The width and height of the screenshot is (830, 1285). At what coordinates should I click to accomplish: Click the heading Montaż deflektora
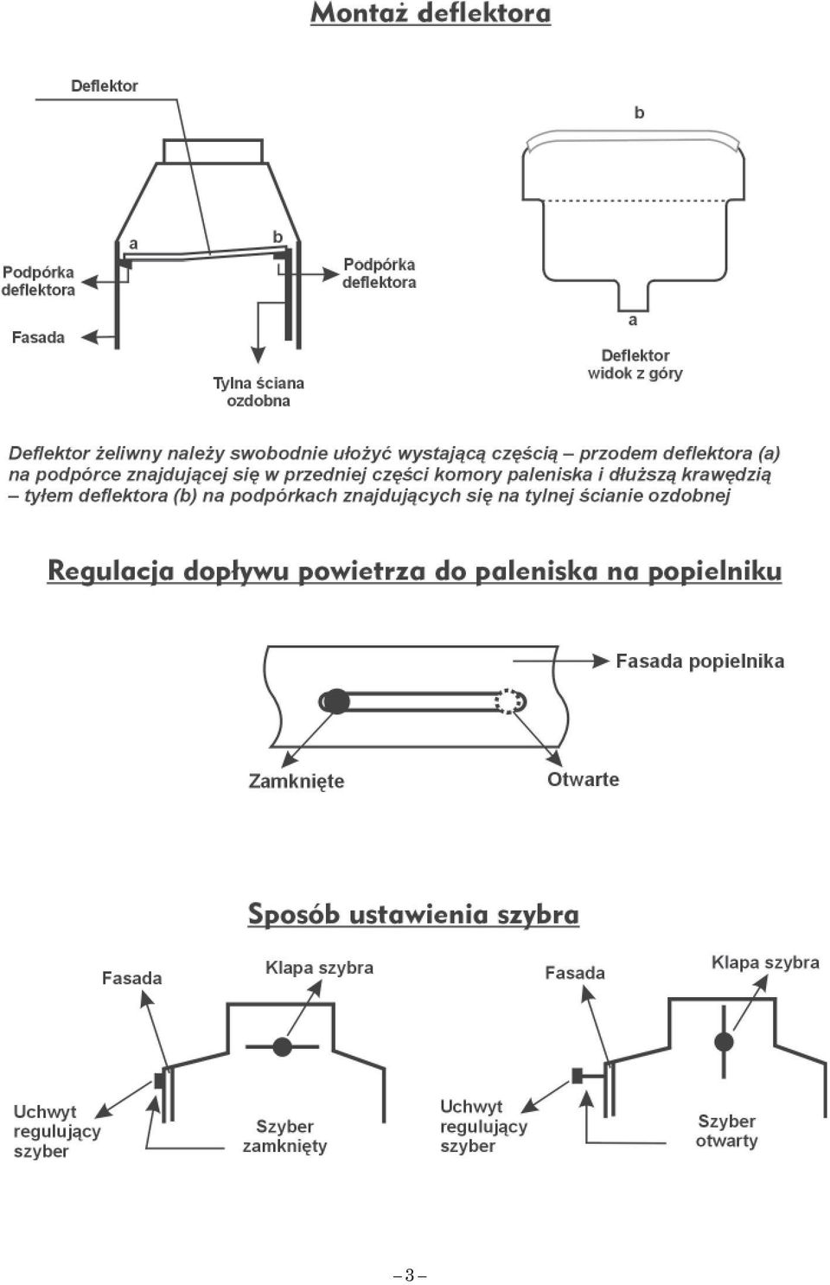click(x=431, y=14)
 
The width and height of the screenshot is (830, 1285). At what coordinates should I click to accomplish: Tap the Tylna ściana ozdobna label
click(x=259, y=392)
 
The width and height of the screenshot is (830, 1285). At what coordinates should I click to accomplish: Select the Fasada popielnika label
click(x=699, y=661)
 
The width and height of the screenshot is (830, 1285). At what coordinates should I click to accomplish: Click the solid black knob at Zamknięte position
click(x=336, y=701)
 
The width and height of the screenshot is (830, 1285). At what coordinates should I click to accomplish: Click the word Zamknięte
click(x=296, y=781)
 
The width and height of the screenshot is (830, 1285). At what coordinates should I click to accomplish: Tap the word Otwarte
click(x=583, y=779)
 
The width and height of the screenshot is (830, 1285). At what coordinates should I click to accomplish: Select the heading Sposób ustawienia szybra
click(x=413, y=914)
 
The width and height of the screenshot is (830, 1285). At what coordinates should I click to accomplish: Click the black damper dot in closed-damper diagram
click(x=282, y=1046)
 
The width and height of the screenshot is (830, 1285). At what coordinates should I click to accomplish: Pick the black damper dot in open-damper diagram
click(x=724, y=1041)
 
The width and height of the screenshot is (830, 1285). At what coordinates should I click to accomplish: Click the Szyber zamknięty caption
click(x=284, y=1136)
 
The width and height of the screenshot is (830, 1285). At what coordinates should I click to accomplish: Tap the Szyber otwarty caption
click(x=727, y=1131)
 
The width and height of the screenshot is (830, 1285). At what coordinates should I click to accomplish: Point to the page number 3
click(x=410, y=1275)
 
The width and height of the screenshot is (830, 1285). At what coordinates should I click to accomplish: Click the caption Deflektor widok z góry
click(x=635, y=364)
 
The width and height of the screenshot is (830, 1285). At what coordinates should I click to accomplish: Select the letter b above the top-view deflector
click(x=639, y=112)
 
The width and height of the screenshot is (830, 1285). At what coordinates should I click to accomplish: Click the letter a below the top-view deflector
click(x=633, y=320)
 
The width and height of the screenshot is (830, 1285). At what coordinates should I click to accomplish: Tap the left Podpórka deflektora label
click(x=38, y=280)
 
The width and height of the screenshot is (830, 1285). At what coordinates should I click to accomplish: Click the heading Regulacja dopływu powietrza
click(x=414, y=572)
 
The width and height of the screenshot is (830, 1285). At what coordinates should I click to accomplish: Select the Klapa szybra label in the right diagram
click(x=765, y=962)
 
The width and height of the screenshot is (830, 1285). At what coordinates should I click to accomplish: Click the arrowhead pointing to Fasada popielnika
click(x=601, y=661)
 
